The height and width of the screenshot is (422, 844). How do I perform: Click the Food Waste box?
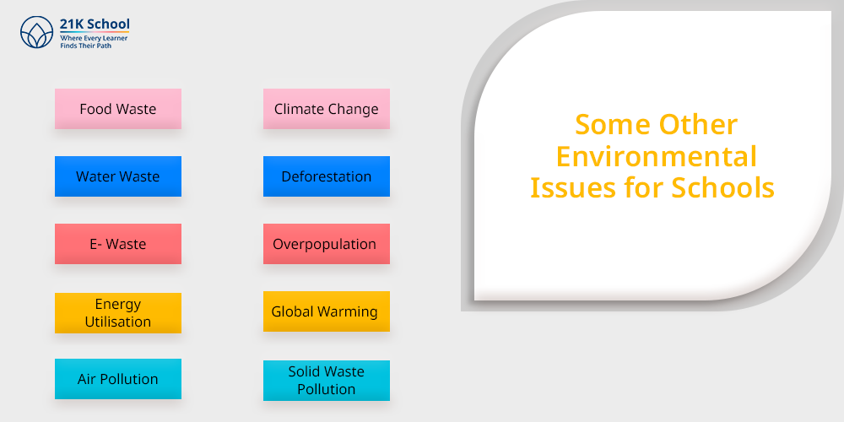tap(118, 109)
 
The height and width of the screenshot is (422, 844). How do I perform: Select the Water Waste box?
tap(118, 176)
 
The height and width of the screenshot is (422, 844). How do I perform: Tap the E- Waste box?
tap(118, 244)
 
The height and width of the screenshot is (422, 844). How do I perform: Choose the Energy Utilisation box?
tap(118, 313)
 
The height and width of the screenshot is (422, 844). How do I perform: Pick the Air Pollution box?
tap(118, 379)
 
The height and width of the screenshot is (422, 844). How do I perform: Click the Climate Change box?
tap(326, 109)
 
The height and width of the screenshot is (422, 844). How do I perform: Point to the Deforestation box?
tap(326, 176)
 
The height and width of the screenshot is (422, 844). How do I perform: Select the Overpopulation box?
tap(326, 244)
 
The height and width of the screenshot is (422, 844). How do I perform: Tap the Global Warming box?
tap(326, 311)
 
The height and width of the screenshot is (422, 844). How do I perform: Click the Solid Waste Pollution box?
tap(326, 381)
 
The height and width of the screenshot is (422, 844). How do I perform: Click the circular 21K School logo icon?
tap(36, 32)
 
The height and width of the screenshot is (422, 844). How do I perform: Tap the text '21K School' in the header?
tap(95, 24)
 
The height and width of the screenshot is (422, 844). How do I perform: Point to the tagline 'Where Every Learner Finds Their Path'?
tap(94, 42)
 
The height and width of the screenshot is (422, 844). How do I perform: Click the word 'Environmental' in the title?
tap(656, 157)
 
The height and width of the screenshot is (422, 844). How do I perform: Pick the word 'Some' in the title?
tap(610, 126)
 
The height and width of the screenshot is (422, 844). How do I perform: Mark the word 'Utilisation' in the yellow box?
tap(118, 322)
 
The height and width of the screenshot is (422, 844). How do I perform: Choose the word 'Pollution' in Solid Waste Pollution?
tap(326, 389)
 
